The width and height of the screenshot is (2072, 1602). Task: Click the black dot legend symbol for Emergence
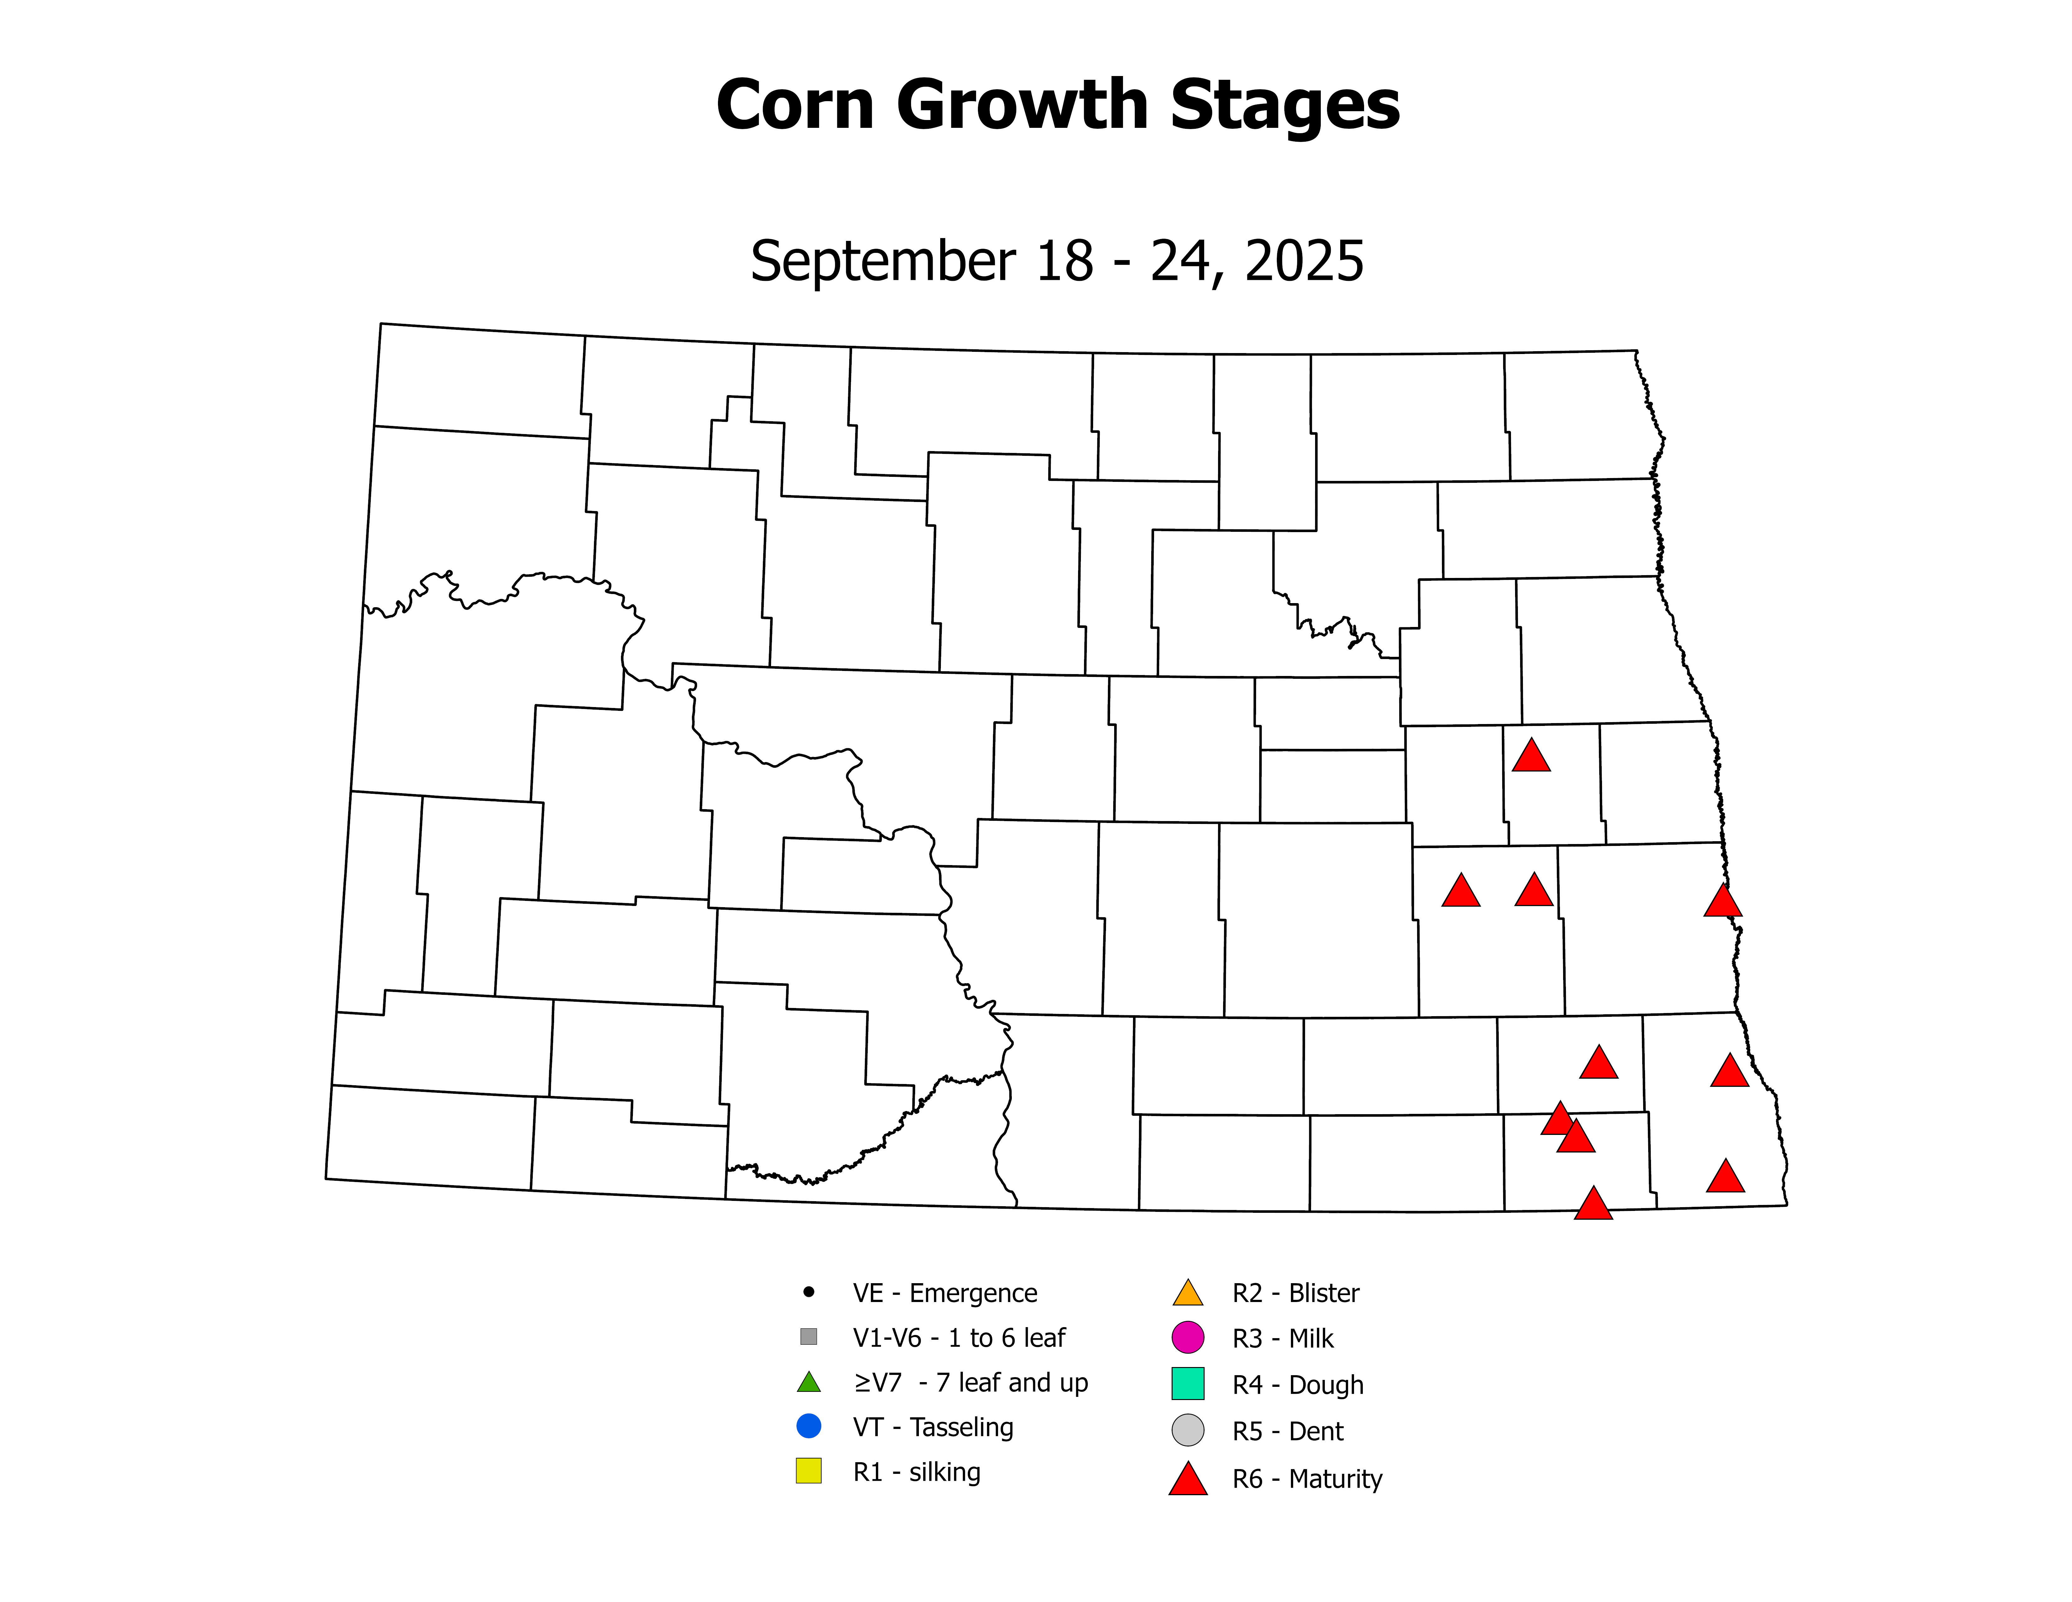(808, 1292)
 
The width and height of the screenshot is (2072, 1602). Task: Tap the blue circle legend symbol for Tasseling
(808, 1426)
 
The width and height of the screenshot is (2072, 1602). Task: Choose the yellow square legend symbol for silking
(808, 1471)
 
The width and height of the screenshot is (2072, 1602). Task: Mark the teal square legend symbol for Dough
(1188, 1384)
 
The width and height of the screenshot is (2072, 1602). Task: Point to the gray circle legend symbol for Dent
(1188, 1430)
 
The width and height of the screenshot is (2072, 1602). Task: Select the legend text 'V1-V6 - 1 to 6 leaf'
(958, 1338)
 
